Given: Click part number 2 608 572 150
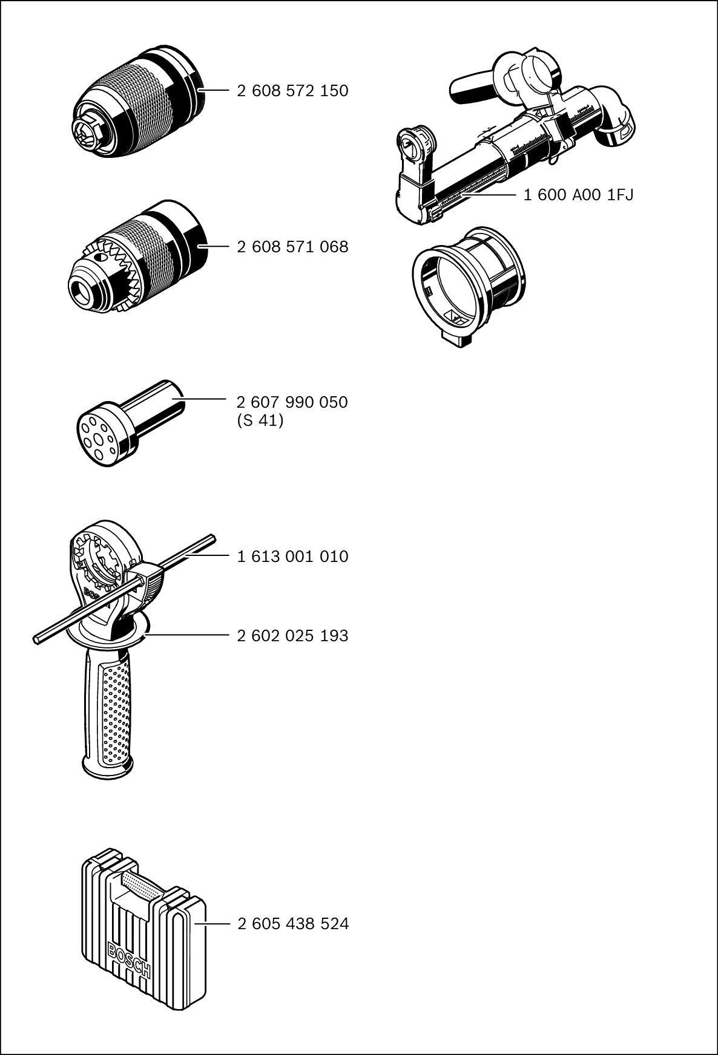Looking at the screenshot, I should tap(292, 91).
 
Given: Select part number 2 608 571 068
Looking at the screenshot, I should tap(292, 247).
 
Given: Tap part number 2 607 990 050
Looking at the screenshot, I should tap(292, 402).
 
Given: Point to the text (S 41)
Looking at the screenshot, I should tap(260, 420).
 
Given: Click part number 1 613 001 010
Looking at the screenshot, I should tap(292, 557).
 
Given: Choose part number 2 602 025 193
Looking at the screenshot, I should tap(292, 636).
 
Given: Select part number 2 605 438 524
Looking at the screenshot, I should tap(293, 924).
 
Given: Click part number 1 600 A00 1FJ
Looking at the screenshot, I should tap(578, 195).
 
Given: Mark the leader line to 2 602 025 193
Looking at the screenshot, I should tap(188, 635).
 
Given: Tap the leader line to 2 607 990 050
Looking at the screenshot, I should tap(200, 399).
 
